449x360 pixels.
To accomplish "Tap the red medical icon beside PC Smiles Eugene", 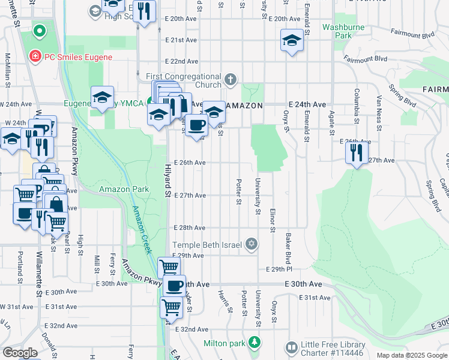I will click(x=35, y=58).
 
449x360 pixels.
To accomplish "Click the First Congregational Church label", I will click(x=184, y=80).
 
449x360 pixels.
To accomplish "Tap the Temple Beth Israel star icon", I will click(x=253, y=244).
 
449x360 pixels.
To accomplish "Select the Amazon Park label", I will click(x=124, y=189).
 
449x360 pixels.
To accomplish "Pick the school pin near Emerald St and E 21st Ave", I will click(x=292, y=40).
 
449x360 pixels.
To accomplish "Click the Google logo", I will click(x=20, y=353).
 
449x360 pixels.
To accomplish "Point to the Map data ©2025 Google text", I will click(x=411, y=355).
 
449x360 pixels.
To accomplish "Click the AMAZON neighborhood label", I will click(x=244, y=105).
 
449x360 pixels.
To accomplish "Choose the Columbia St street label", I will click(x=356, y=106).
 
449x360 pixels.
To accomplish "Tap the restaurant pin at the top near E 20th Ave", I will click(x=144, y=11).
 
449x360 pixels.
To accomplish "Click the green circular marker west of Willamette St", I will click(x=40, y=29).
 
